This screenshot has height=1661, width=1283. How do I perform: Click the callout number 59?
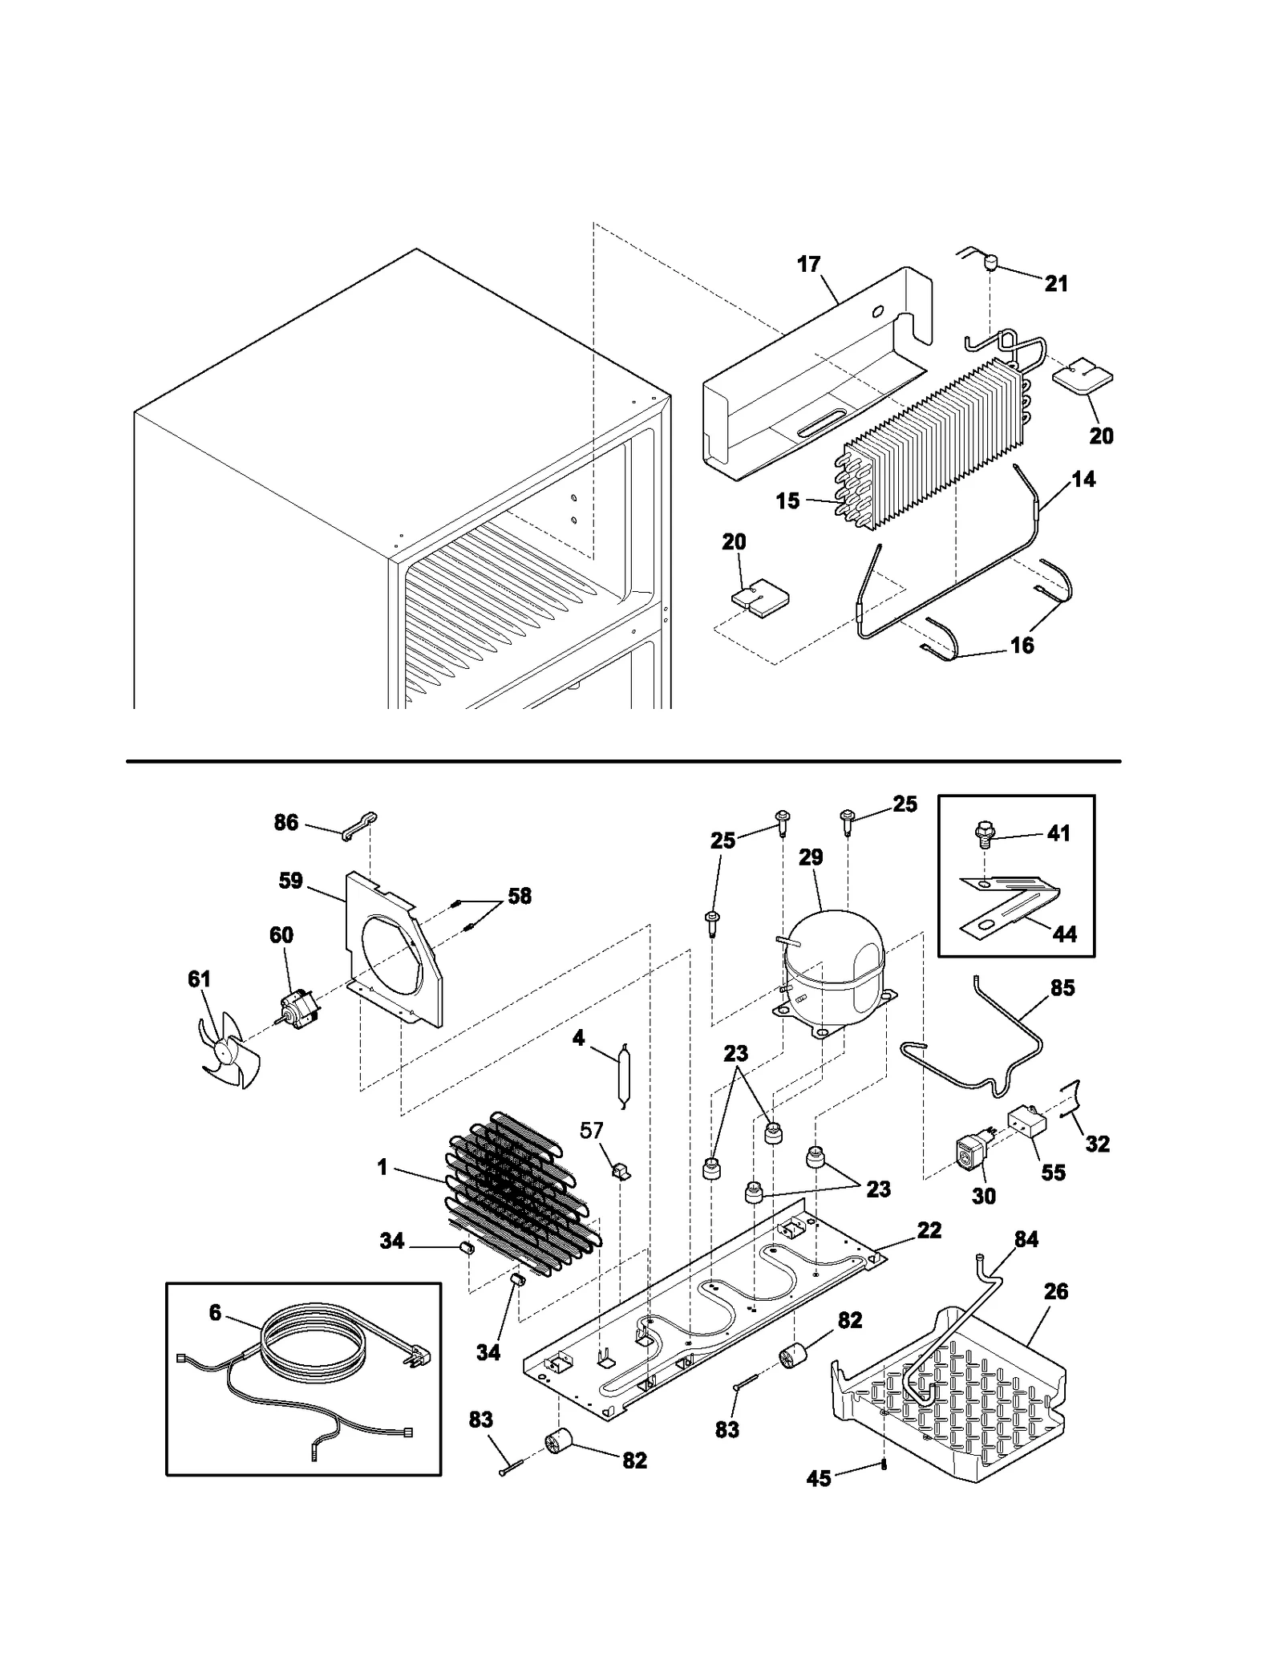coord(290,881)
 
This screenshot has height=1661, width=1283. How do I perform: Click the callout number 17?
coord(809,264)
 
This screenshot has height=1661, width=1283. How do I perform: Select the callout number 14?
coord(1083,480)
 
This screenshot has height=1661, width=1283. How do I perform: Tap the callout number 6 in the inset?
coord(215,1314)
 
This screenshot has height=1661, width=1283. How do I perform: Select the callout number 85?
coord(1062,988)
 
